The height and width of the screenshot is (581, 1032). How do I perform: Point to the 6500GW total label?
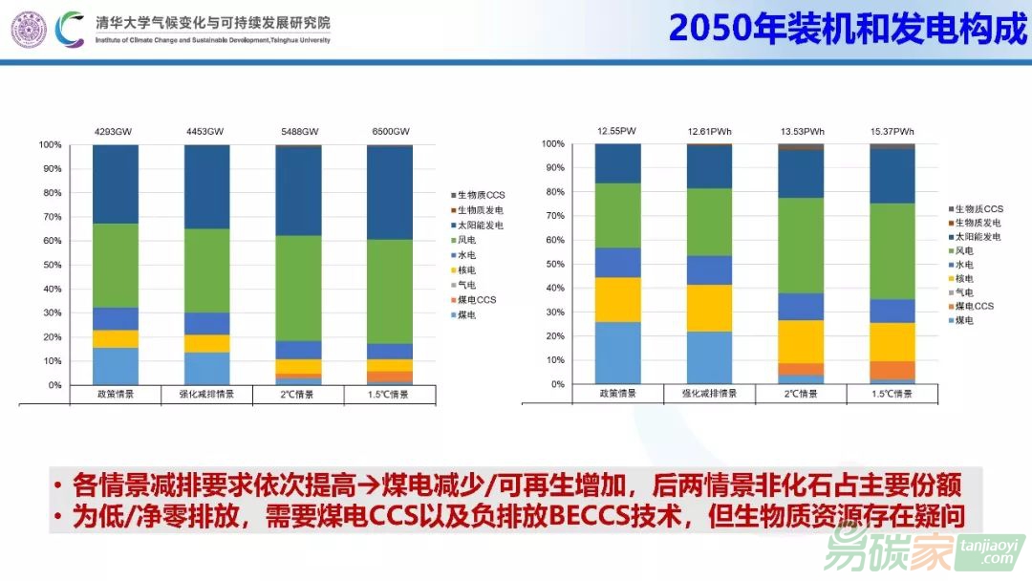pyautogui.click(x=389, y=131)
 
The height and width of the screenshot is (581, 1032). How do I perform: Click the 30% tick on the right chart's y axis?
pyautogui.click(x=554, y=312)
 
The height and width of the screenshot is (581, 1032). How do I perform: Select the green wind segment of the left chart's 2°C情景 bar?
pyautogui.click(x=298, y=288)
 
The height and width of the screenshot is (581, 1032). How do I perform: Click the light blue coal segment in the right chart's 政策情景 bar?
pyautogui.click(x=617, y=353)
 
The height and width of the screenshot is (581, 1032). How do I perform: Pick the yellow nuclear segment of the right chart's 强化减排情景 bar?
pyautogui.click(x=710, y=308)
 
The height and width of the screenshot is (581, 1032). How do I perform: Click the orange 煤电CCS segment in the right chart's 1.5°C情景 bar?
pyautogui.click(x=892, y=370)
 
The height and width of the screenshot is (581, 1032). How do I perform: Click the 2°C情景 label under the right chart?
pyautogui.click(x=801, y=394)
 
